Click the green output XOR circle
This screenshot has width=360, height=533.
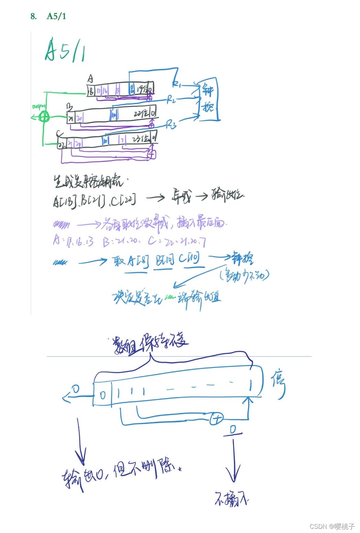tap(44, 117)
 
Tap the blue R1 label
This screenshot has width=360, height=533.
tap(177, 84)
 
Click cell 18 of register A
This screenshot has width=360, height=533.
tap(91, 91)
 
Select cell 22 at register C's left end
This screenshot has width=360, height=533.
tap(62, 145)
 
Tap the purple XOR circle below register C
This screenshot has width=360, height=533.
tap(151, 154)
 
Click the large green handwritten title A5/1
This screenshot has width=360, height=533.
tap(65, 51)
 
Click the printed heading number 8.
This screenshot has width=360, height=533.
tap(33, 16)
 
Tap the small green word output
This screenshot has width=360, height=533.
tap(39, 106)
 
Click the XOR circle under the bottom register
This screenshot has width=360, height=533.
tap(216, 419)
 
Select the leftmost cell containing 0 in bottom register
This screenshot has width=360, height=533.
tap(103, 395)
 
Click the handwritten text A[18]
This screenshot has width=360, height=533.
tap(64, 201)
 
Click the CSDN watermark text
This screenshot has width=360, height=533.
tap(332, 526)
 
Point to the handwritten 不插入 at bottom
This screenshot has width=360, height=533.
tap(231, 499)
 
